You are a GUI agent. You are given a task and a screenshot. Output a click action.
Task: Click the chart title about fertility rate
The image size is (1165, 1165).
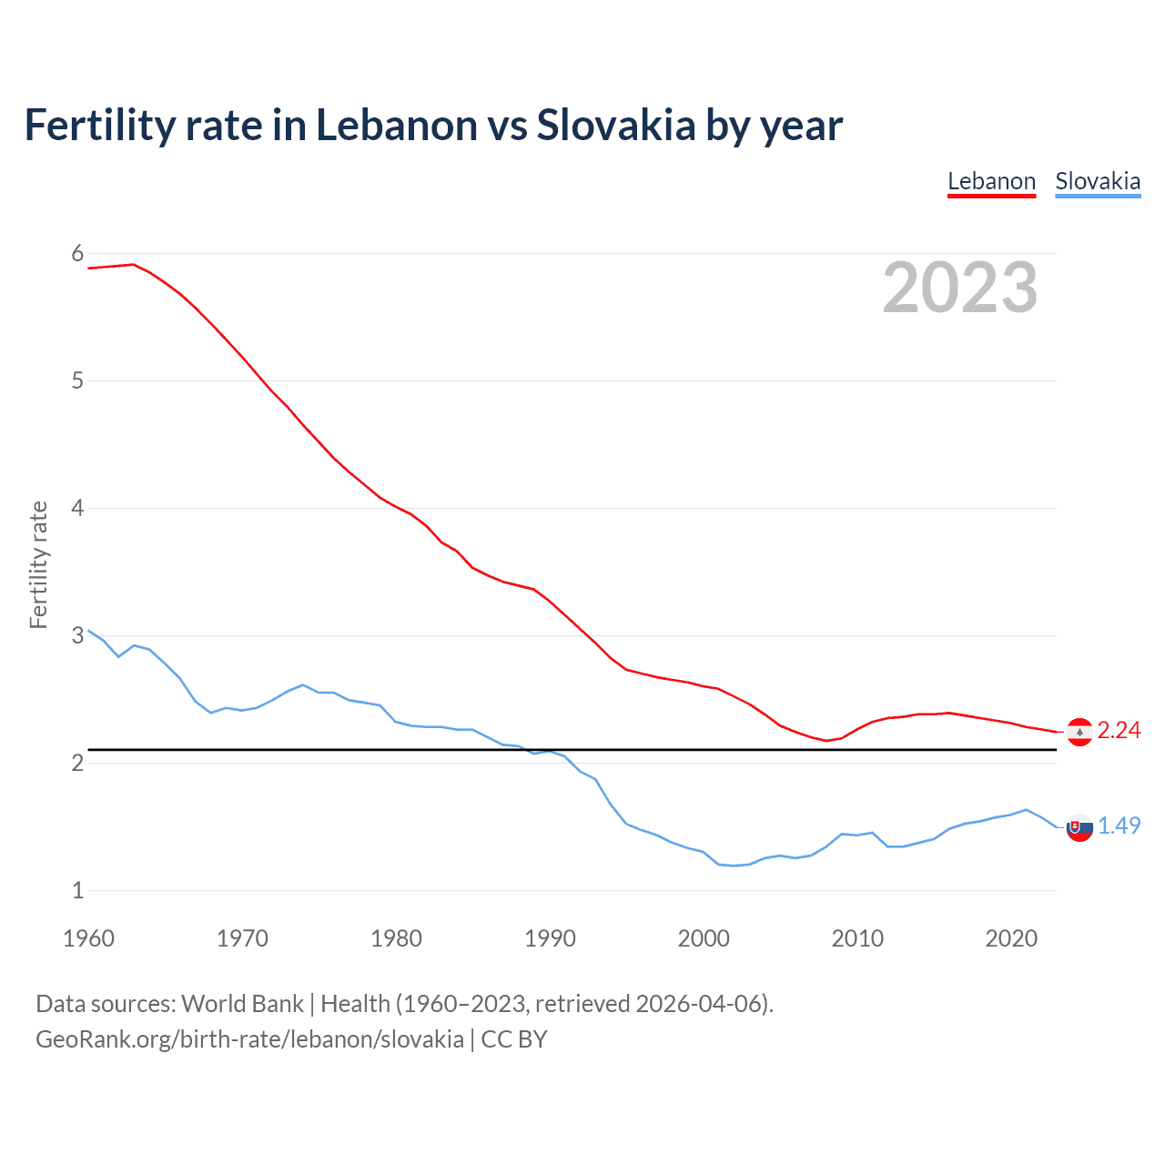point(433,126)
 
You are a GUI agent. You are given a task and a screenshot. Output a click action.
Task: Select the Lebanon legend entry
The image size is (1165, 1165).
point(991,181)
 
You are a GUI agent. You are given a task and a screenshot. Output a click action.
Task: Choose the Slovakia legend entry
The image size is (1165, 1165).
point(1098,181)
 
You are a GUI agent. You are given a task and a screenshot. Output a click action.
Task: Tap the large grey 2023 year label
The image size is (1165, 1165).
point(959,288)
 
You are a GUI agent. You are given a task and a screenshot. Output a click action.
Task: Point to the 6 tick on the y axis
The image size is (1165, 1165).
point(77,254)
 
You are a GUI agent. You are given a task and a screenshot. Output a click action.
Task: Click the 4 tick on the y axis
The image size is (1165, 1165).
point(77,508)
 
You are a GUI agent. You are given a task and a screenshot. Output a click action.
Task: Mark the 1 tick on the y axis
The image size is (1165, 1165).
point(77,890)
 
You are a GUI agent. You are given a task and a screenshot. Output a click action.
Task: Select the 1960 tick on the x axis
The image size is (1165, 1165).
point(88,938)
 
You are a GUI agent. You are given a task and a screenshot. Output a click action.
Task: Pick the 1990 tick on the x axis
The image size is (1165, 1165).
point(550,938)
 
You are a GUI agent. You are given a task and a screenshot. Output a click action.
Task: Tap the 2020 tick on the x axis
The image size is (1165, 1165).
point(1011,938)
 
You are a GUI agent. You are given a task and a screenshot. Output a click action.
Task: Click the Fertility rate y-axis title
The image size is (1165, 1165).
point(38,564)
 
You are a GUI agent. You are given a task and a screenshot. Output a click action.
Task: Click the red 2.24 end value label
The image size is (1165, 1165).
point(1119,730)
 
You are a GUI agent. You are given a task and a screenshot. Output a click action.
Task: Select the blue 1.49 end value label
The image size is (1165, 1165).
point(1119,826)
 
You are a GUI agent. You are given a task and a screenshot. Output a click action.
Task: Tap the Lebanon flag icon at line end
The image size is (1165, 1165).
point(1079,732)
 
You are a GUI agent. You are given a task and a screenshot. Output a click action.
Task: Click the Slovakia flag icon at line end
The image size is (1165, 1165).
point(1079,828)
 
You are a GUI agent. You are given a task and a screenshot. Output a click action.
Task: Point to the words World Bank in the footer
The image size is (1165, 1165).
point(242,1004)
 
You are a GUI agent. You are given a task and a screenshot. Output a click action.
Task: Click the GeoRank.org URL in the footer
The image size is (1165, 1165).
point(249,1039)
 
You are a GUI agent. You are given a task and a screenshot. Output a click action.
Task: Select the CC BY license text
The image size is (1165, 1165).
point(514,1039)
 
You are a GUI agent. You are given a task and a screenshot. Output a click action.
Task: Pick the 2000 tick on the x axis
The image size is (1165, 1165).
point(704,938)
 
